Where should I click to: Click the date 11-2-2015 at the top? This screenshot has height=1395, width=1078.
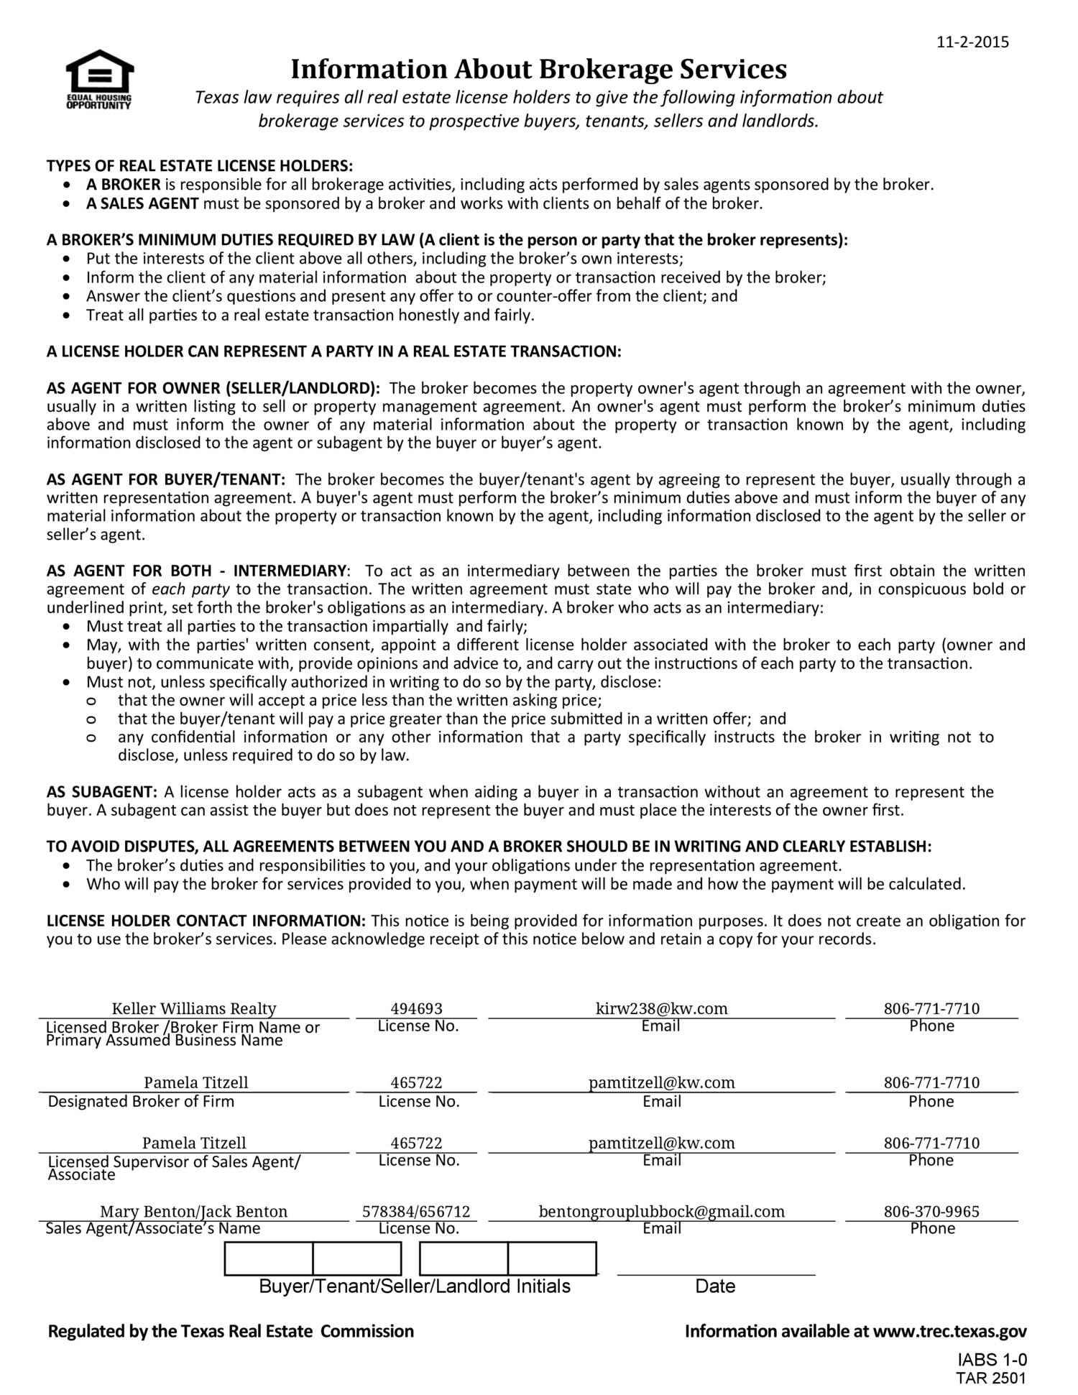(972, 42)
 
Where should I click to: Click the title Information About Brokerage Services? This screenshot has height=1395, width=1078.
(538, 70)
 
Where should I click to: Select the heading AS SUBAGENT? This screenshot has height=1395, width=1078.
(101, 792)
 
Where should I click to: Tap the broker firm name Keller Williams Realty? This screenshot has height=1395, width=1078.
(193, 1008)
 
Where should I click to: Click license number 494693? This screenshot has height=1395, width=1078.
(416, 1008)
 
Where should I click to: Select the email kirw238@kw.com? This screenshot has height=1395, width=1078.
(661, 1008)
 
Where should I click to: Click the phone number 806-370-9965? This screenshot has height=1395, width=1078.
(931, 1212)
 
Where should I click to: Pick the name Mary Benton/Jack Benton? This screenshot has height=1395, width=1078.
(193, 1212)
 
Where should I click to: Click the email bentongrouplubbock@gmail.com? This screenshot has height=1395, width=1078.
(661, 1212)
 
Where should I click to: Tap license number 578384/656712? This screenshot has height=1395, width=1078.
(416, 1212)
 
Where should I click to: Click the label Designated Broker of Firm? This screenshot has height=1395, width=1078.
(141, 1102)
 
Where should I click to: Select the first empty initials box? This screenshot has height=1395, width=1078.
(269, 1258)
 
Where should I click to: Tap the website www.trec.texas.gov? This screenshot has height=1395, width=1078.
(949, 1332)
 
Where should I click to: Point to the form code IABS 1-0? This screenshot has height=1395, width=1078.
(992, 1360)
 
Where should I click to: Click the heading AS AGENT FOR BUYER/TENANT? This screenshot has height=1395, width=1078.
(166, 479)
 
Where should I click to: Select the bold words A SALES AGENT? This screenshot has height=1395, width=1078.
(142, 203)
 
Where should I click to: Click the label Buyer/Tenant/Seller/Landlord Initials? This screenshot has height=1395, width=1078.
(415, 1286)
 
